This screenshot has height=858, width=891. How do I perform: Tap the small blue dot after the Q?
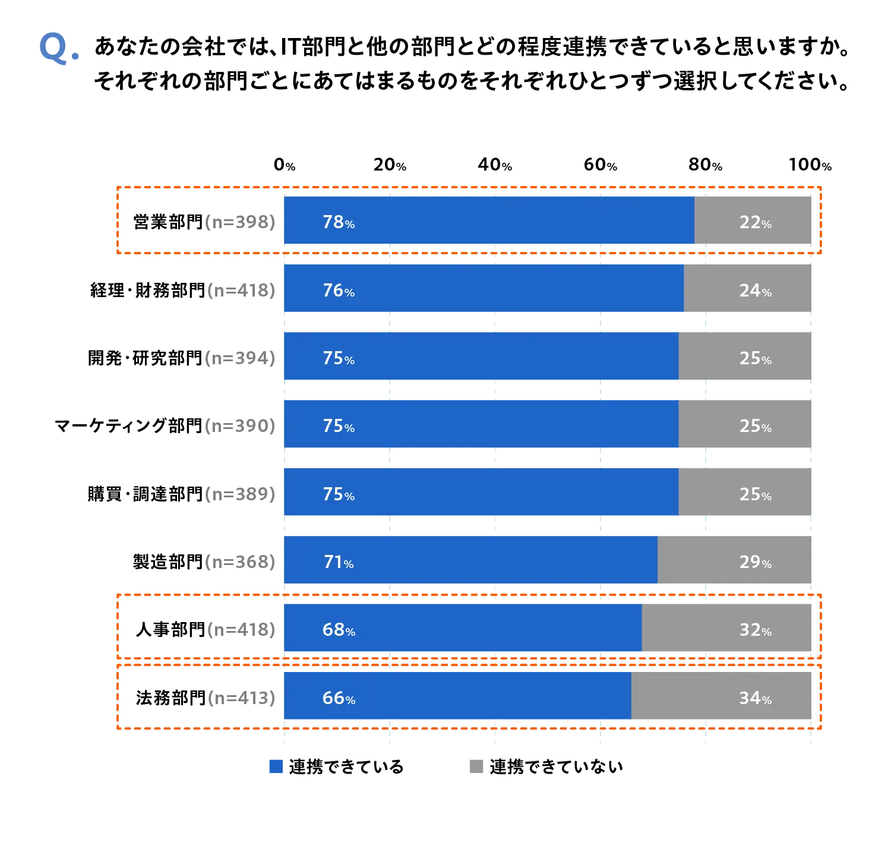(x=75, y=57)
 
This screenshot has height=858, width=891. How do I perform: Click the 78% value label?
(x=339, y=222)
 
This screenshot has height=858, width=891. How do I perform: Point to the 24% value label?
(x=755, y=291)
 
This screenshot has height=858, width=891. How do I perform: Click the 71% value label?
(x=339, y=562)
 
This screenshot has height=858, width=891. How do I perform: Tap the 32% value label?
(x=755, y=630)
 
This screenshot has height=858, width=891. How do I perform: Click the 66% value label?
(x=339, y=698)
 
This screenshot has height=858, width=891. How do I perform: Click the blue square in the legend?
(x=276, y=766)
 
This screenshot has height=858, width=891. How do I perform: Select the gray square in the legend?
(x=475, y=765)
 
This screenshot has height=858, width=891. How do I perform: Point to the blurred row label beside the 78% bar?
(x=240, y=223)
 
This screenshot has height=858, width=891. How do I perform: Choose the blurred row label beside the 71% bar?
(x=240, y=561)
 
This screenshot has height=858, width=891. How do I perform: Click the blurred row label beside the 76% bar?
(x=240, y=291)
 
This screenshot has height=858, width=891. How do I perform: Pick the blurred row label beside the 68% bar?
(x=240, y=629)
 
